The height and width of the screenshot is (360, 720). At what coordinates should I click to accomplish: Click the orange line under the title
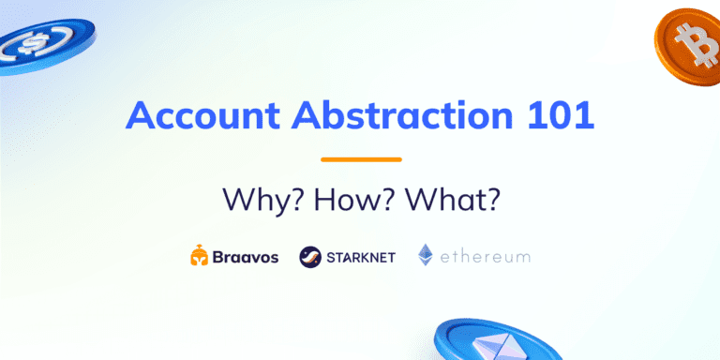click(361, 159)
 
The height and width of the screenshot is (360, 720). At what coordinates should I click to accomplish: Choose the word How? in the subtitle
click(354, 200)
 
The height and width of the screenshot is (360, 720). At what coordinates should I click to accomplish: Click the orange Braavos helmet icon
click(199, 256)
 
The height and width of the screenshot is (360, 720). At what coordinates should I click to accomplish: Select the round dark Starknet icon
click(310, 256)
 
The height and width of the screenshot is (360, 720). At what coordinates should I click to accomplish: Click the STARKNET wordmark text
click(362, 257)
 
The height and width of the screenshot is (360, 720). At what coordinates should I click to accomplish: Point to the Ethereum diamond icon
click(426, 255)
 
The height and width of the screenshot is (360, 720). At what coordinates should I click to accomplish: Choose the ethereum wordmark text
click(487, 257)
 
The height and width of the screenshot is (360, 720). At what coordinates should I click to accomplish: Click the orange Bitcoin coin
click(690, 43)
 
